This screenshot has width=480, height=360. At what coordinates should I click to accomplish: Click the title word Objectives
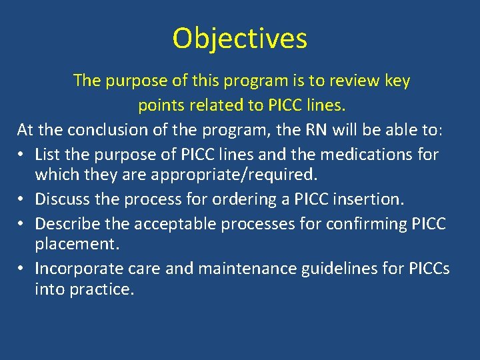240,39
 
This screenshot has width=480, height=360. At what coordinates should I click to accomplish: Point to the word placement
77,244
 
